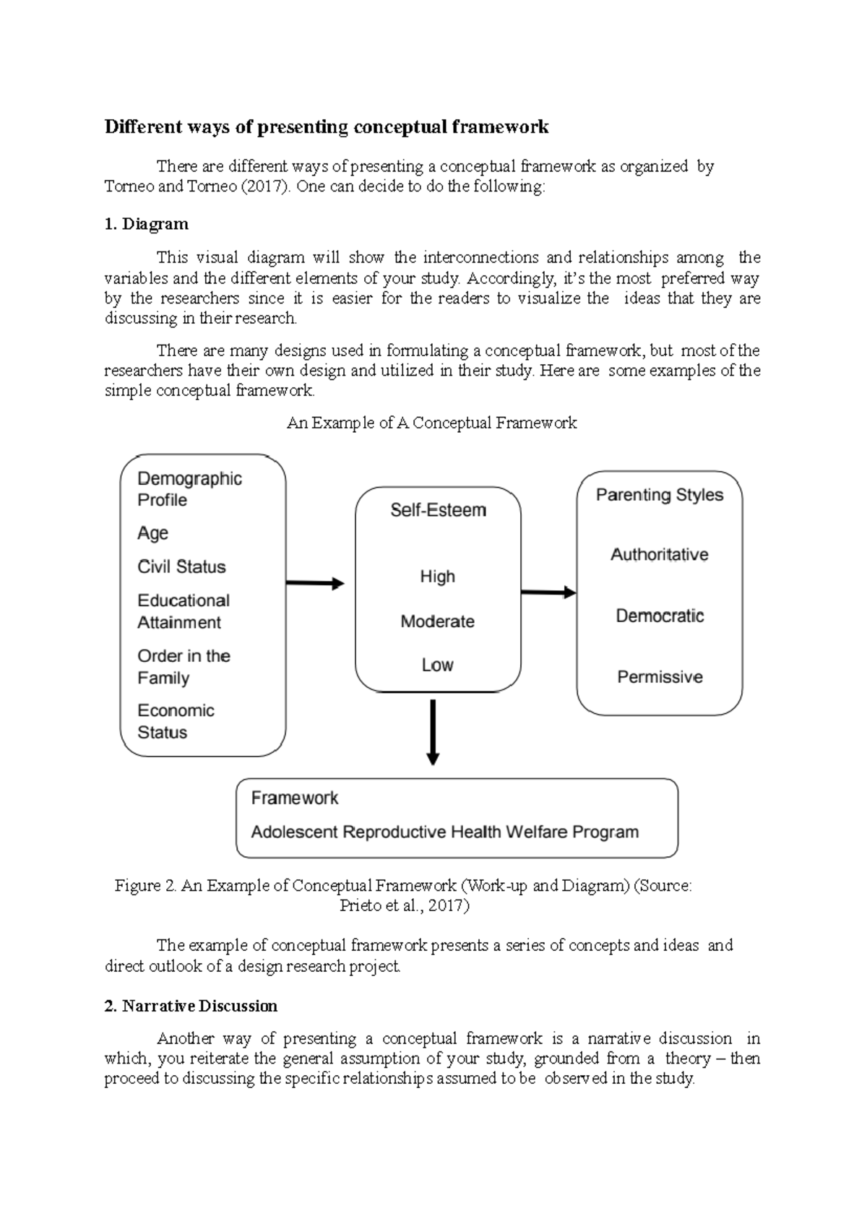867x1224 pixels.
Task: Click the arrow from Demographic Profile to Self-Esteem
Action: (315, 583)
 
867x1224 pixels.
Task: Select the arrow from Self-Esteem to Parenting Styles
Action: (548, 592)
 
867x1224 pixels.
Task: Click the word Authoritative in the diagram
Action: (659, 554)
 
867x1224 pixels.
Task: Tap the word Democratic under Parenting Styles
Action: (660, 616)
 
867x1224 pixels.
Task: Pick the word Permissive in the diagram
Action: (660, 677)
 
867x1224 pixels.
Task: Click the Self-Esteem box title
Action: (438, 510)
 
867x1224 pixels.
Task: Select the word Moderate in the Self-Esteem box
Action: (437, 621)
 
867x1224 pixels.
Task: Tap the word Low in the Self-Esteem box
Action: (437, 665)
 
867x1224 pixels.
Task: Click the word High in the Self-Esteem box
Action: (437, 577)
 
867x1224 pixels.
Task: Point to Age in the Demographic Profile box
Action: (152, 533)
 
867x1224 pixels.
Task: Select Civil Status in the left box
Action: (181, 566)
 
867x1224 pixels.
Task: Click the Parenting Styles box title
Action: (659, 495)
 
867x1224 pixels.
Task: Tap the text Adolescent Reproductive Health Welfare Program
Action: (444, 832)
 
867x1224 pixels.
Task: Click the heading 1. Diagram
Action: (146, 224)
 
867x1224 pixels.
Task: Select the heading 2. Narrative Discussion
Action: (191, 1006)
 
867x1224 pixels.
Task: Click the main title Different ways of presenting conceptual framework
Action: (327, 127)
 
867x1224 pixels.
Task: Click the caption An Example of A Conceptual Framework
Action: (431, 423)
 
